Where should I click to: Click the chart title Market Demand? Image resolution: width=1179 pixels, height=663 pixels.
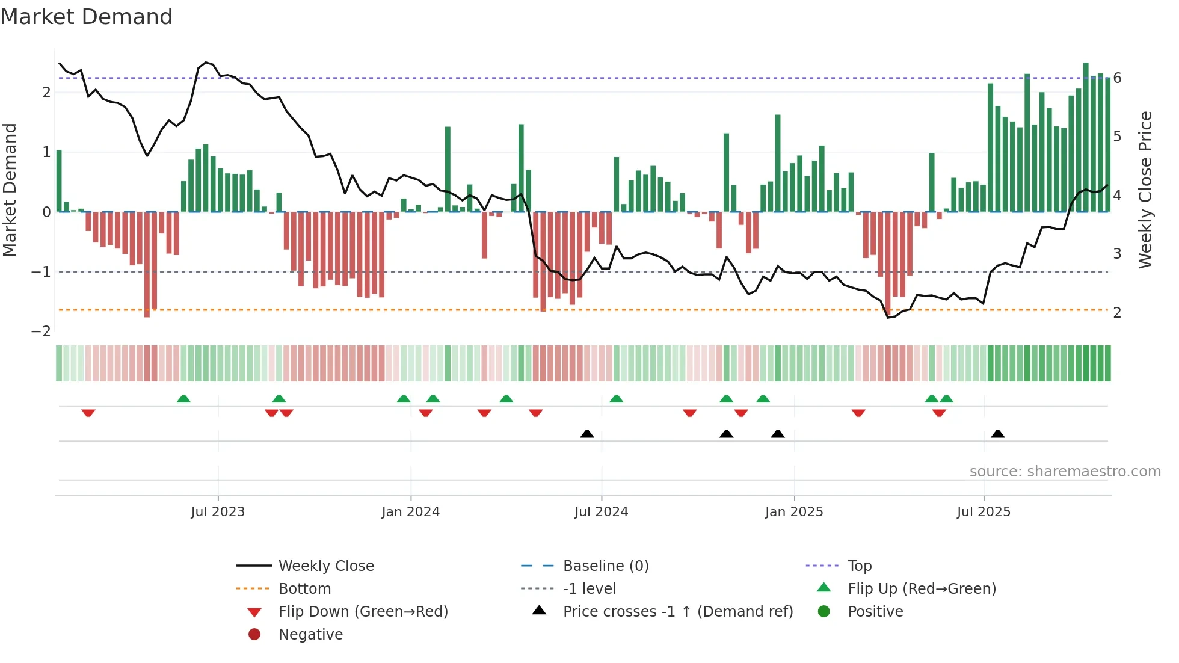tap(87, 17)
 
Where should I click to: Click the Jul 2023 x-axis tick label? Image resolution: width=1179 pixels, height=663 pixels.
tap(218, 512)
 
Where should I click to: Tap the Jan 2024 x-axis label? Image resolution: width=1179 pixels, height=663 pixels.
tap(410, 512)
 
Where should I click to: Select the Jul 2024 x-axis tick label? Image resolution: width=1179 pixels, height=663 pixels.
tap(601, 512)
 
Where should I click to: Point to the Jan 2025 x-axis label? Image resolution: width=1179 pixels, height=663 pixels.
tap(793, 512)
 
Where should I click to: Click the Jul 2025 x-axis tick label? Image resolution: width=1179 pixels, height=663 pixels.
tap(984, 512)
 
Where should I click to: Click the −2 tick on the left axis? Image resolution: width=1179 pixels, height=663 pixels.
tap(41, 331)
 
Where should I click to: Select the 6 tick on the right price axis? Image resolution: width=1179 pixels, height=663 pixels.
tap(1117, 78)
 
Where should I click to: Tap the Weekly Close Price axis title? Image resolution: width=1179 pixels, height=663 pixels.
tap(1145, 190)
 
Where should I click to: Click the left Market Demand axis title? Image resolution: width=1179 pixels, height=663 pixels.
tap(10, 190)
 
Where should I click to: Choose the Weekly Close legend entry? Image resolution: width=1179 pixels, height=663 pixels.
tap(325, 566)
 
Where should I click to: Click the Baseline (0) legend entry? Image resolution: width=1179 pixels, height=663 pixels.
tap(605, 566)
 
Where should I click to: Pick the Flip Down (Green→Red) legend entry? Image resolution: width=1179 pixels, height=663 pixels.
tap(363, 612)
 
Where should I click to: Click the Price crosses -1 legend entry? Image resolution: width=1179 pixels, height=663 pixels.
tap(677, 612)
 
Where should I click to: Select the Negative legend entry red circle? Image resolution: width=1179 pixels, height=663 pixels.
tap(254, 635)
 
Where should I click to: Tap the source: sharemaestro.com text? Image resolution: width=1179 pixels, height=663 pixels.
tap(1065, 472)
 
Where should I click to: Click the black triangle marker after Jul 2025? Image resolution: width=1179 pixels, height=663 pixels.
tap(997, 434)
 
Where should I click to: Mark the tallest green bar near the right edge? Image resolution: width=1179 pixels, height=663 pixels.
tap(1086, 138)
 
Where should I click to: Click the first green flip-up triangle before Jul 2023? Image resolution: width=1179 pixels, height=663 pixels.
tap(183, 399)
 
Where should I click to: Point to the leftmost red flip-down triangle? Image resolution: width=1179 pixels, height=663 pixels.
tap(88, 413)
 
